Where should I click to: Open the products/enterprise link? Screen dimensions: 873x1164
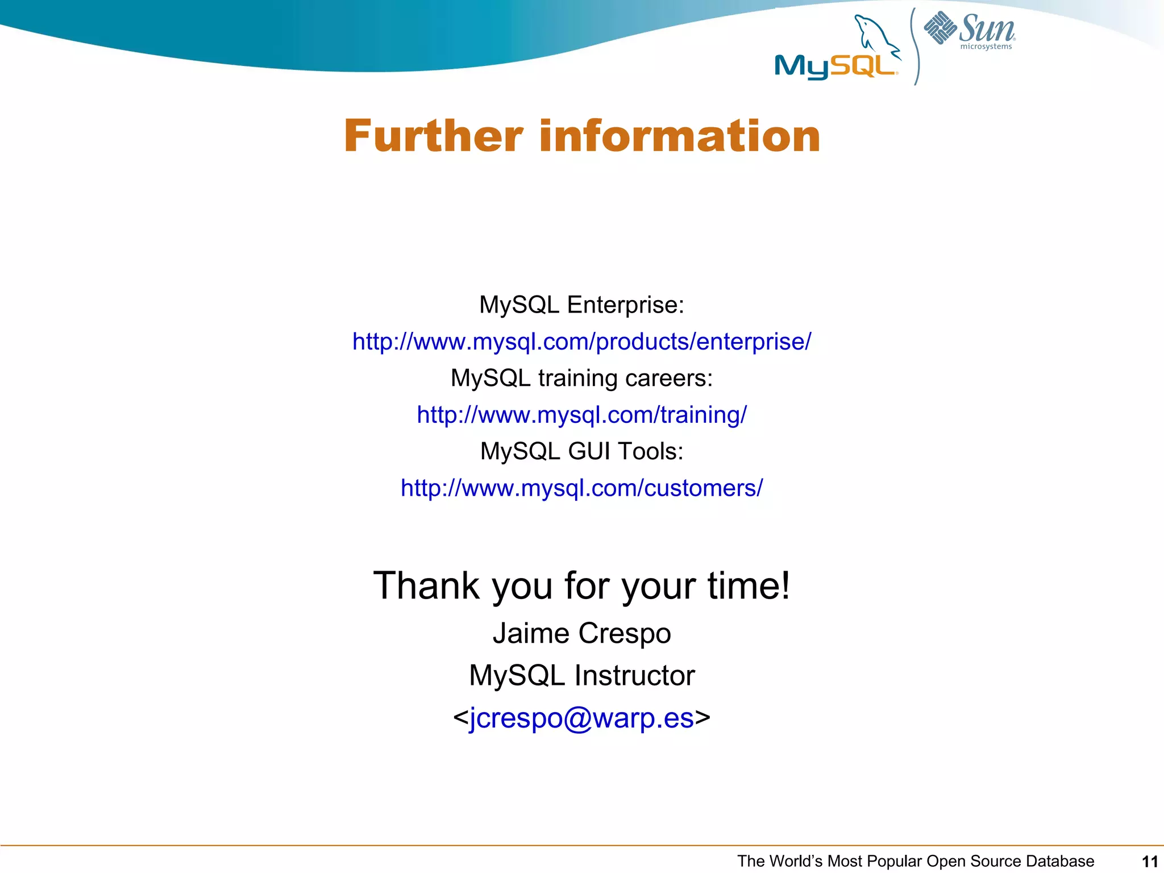[581, 342]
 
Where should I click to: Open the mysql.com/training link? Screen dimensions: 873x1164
[581, 415]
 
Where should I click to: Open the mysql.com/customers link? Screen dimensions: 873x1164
[581, 488]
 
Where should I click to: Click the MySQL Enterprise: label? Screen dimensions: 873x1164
[581, 305]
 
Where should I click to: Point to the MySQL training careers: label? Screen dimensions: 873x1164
[581, 379]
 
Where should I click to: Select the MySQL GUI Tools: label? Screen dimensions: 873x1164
[581, 452]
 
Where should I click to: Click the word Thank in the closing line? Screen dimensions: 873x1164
[426, 586]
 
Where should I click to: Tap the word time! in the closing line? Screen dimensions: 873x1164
[749, 586]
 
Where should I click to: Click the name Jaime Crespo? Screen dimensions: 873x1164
[581, 633]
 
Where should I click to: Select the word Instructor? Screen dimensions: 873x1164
[634, 676]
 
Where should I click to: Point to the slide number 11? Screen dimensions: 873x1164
[1149, 862]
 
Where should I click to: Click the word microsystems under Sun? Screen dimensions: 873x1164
[986, 47]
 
